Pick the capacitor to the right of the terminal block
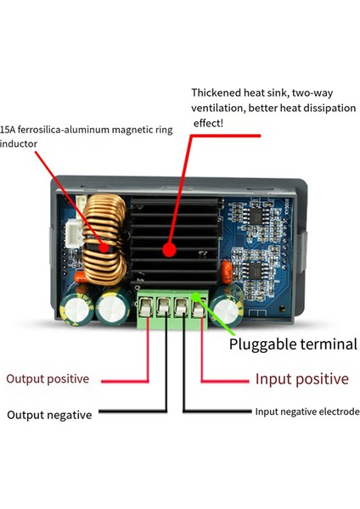[232, 305]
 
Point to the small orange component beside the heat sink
[227, 273]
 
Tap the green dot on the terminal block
[196, 296]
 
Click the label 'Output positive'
[48, 378]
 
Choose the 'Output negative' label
[49, 415]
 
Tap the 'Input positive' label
[301, 378]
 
